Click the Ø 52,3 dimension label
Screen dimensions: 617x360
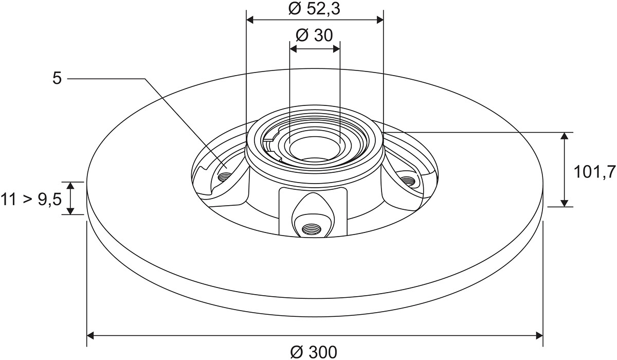(314, 9)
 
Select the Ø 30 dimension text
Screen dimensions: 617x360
(314, 35)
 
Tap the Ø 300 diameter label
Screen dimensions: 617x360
(314, 352)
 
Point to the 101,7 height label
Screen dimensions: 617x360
(594, 172)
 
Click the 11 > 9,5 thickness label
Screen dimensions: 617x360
(31, 199)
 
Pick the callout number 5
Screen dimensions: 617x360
(57, 79)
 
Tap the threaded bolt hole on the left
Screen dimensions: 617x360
(224, 176)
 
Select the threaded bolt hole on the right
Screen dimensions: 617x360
(407, 181)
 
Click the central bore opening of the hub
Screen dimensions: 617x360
(315, 149)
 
